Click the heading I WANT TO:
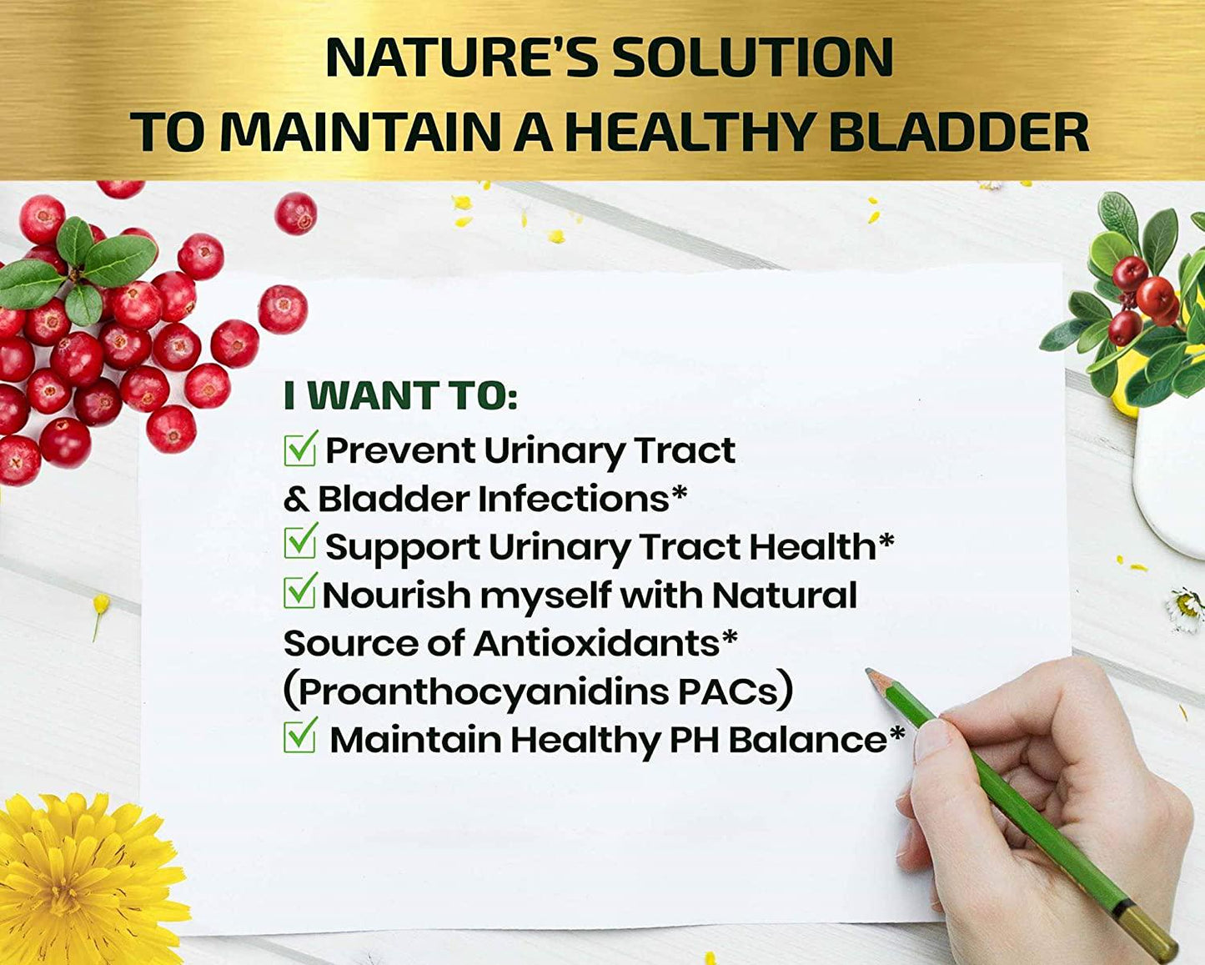coord(400,396)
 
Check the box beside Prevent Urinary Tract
coord(299,450)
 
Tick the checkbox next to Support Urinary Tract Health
coord(299,544)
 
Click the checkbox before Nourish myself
coord(299,592)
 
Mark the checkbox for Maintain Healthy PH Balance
coord(299,737)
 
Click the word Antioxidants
coord(596,643)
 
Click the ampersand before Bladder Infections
coord(296,500)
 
